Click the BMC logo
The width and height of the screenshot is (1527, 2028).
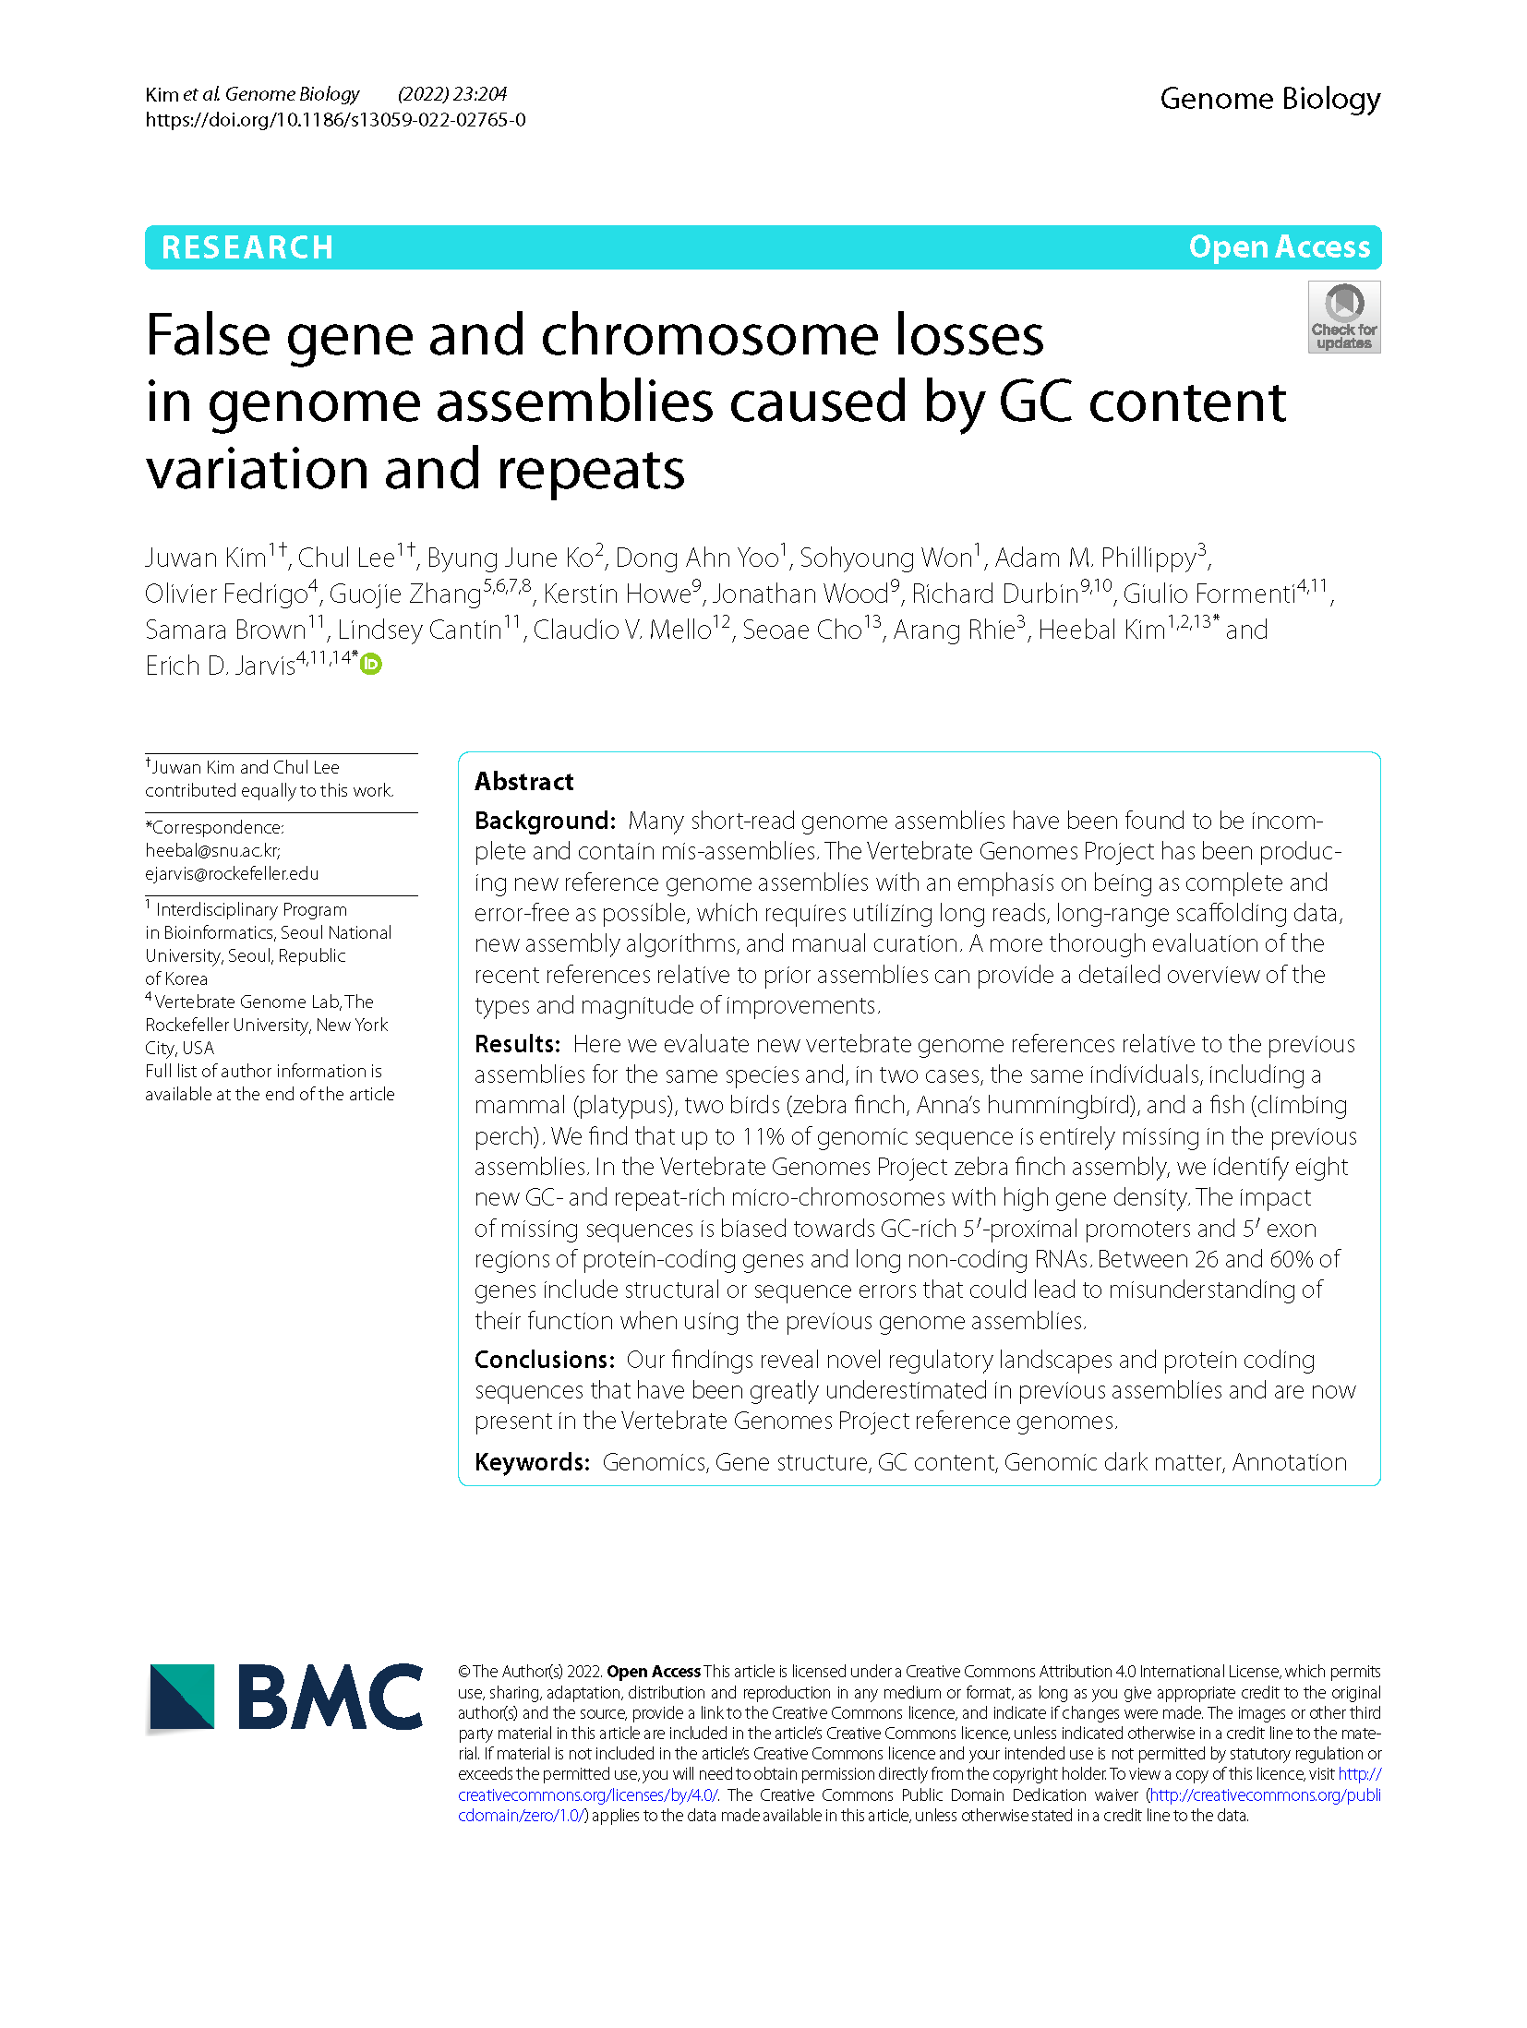coord(285,1697)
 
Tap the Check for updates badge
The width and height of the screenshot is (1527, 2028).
coord(1343,317)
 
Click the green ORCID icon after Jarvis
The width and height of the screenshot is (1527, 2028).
coord(371,664)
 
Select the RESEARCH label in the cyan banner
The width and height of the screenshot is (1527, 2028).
coord(247,247)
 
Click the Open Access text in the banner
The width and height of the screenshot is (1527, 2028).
coord(1279,247)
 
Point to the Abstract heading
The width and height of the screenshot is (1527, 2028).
coord(523,782)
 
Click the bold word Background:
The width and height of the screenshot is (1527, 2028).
coord(544,821)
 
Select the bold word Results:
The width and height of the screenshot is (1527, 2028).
coord(517,1044)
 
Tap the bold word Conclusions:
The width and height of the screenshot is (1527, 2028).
coord(544,1360)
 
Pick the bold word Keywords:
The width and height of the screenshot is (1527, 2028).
coord(532,1462)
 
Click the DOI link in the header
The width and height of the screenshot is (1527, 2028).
coord(335,120)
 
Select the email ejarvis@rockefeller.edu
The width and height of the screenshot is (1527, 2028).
coord(232,873)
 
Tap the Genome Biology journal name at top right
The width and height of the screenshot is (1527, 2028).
coord(1269,99)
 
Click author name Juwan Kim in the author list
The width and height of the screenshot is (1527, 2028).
coord(205,558)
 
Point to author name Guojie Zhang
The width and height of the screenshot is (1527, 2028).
coord(404,594)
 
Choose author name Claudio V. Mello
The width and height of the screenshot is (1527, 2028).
coord(621,630)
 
